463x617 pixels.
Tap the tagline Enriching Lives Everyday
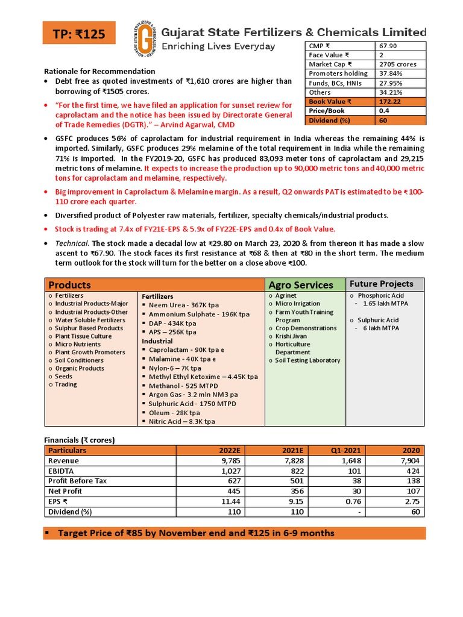point(219,46)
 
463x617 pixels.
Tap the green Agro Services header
point(301,285)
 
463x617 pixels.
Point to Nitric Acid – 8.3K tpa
point(181,422)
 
